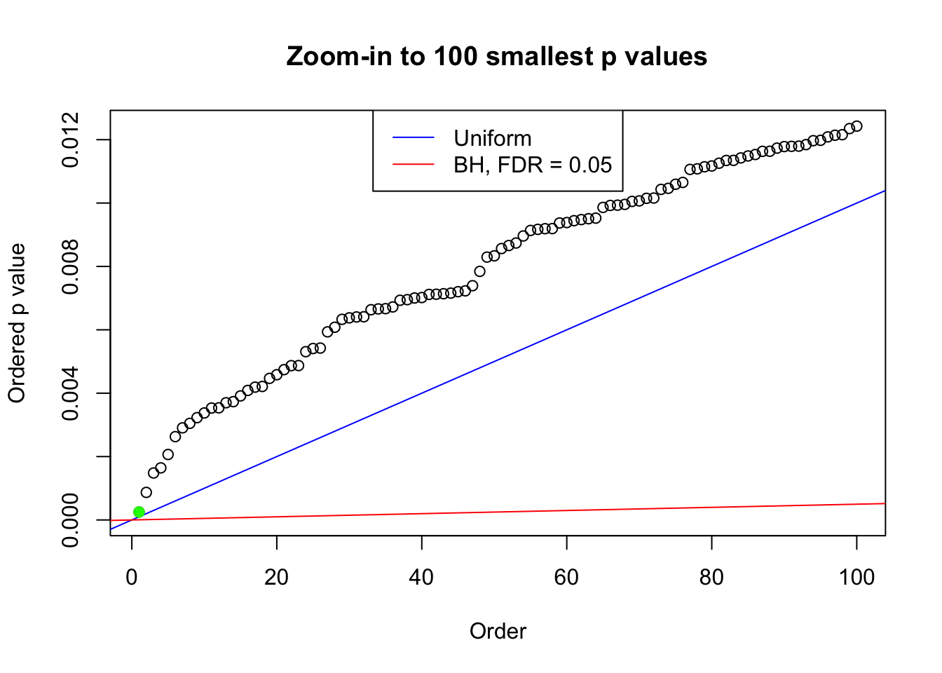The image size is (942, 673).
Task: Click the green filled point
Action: (139, 512)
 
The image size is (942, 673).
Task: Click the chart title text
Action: (496, 56)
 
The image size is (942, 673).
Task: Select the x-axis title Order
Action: (498, 631)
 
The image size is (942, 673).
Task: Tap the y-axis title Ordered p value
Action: (17, 323)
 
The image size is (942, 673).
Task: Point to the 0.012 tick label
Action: (71, 140)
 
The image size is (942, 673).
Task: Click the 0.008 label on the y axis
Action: (71, 266)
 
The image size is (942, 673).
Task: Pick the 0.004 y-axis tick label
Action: (71, 393)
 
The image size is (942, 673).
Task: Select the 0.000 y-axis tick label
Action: (71, 519)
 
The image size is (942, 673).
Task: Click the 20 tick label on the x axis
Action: (277, 577)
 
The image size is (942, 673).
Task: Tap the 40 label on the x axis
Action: (422, 577)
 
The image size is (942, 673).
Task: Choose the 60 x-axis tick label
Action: (566, 577)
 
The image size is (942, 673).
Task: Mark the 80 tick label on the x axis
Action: (711, 577)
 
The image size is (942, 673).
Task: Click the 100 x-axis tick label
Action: (856, 577)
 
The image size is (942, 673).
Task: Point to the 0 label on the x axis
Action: (132, 577)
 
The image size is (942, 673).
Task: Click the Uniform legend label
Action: (492, 138)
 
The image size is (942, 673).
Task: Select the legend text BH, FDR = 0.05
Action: (533, 165)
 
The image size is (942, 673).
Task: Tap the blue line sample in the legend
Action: (414, 138)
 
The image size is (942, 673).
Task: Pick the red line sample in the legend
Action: (414, 165)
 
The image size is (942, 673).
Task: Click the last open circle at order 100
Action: (856, 126)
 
